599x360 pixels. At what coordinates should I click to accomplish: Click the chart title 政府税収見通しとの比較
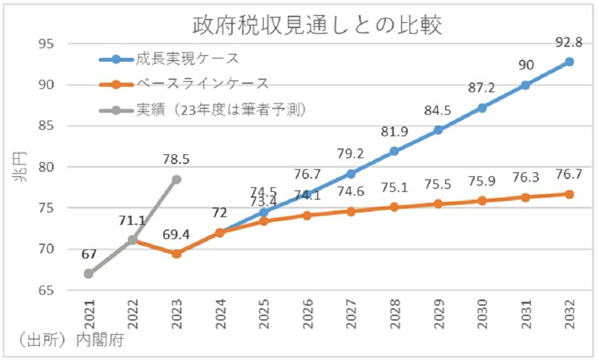[x=317, y=26]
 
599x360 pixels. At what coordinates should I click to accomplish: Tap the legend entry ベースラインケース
[x=202, y=84]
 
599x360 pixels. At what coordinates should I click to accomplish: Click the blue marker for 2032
[x=569, y=62]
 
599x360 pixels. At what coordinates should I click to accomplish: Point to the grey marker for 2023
[x=176, y=179]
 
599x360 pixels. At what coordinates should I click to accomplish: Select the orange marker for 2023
[x=176, y=254]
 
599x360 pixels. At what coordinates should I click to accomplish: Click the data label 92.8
[x=569, y=43]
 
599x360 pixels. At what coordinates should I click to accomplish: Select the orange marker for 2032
[x=569, y=194]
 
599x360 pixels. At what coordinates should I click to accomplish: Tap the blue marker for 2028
[x=394, y=151]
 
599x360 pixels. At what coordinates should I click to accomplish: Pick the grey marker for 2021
[x=89, y=274]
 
